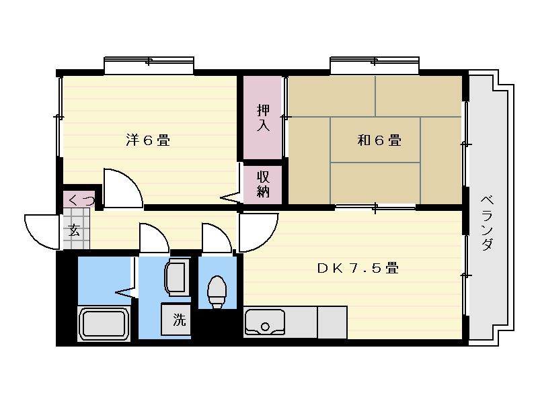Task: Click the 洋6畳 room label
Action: pos(148,140)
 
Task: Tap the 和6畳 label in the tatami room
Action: pos(379,140)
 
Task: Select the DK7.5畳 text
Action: pos(358,268)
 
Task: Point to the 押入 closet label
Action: pos(263,118)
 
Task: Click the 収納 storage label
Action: pos(263,184)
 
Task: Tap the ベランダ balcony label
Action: pos(487,223)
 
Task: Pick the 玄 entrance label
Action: pos(74,230)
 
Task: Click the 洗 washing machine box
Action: pos(176,319)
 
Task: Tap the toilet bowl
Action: pos(217,292)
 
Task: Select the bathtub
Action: pos(104,324)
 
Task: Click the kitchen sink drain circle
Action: pos(265,326)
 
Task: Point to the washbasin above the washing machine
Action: pos(178,276)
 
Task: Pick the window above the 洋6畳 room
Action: pos(149,65)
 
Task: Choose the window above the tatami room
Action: pos(375,65)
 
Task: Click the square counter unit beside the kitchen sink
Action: pos(332,322)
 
